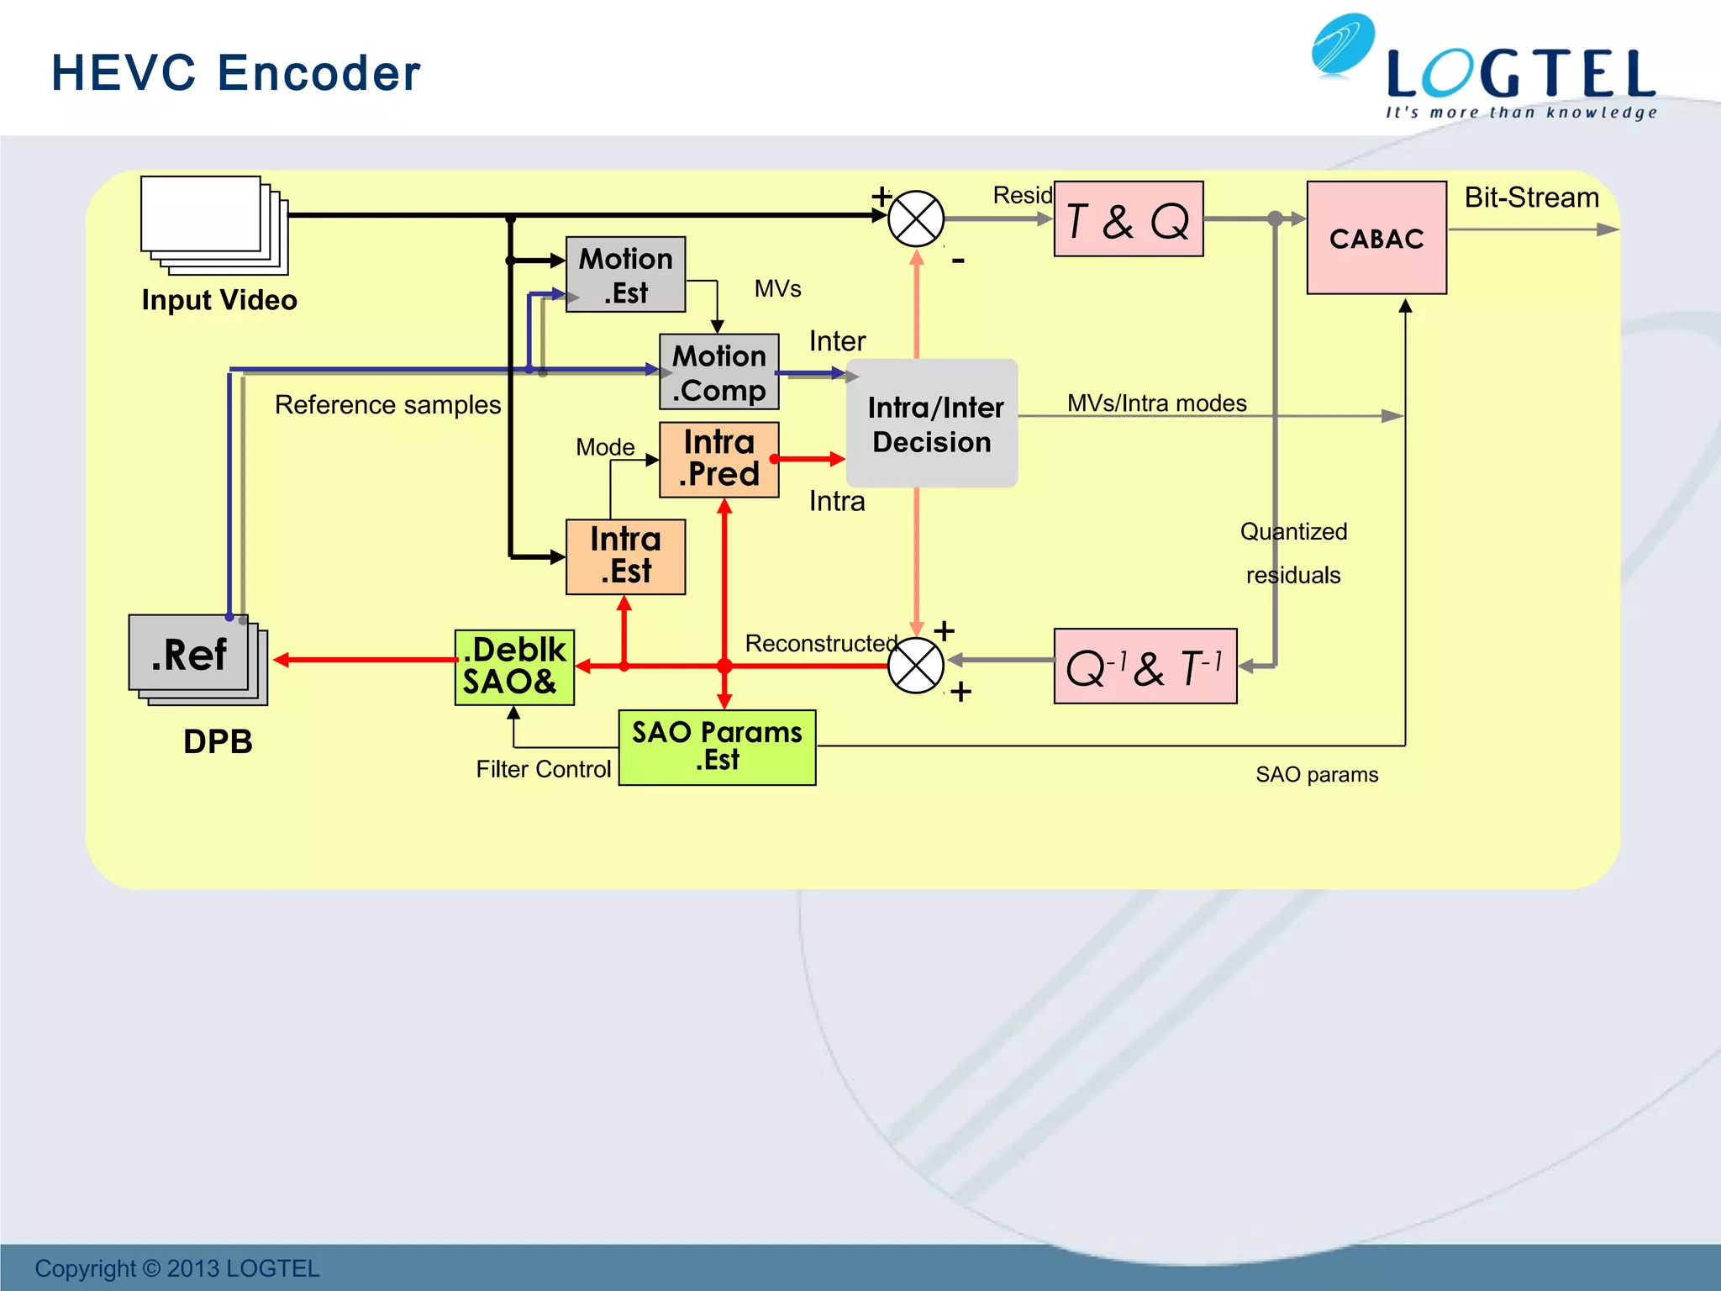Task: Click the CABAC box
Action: [x=1376, y=238]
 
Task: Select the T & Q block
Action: [x=1128, y=219]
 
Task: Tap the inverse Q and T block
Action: [x=1145, y=667]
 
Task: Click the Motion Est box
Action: [x=625, y=275]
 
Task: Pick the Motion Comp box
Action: [x=718, y=372]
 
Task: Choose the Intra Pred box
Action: [x=718, y=460]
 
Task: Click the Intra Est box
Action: [x=625, y=556]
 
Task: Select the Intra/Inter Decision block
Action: [x=932, y=424]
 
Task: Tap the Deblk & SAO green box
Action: [x=514, y=667]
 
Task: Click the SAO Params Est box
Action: [x=717, y=747]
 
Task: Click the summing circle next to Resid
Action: [x=916, y=219]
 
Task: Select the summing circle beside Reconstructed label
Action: [x=916, y=666]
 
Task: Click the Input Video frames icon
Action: [x=213, y=224]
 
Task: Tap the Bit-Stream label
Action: [x=1531, y=198]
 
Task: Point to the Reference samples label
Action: [x=387, y=405]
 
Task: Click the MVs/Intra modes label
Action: [x=1156, y=403]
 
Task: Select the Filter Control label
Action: [x=543, y=769]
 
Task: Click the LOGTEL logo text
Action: [x=1521, y=76]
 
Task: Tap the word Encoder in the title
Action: [x=319, y=73]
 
